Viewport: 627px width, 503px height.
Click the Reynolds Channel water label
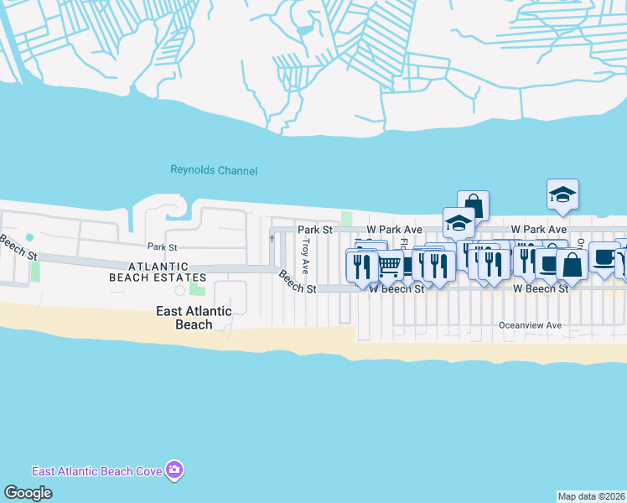pos(214,170)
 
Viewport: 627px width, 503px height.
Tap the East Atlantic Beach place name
pos(194,317)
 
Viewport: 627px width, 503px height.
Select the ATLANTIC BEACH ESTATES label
pos(157,271)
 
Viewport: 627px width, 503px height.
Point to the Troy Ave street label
pos(306,256)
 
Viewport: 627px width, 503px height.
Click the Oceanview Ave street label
pos(530,325)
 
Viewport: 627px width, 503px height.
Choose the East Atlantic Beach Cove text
pos(96,471)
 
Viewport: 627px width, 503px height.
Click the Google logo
pos(28,493)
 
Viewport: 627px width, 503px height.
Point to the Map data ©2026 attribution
pos(591,496)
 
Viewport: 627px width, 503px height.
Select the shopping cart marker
pos(389,265)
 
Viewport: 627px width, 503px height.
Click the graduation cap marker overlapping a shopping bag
pos(459,222)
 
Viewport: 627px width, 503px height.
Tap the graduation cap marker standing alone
pos(562,194)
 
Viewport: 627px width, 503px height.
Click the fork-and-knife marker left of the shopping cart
pos(361,266)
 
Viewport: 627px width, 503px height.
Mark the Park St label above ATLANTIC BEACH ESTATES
pos(163,247)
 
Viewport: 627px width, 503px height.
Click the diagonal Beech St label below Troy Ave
pos(298,282)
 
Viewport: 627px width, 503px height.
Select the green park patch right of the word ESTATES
pos(197,289)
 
